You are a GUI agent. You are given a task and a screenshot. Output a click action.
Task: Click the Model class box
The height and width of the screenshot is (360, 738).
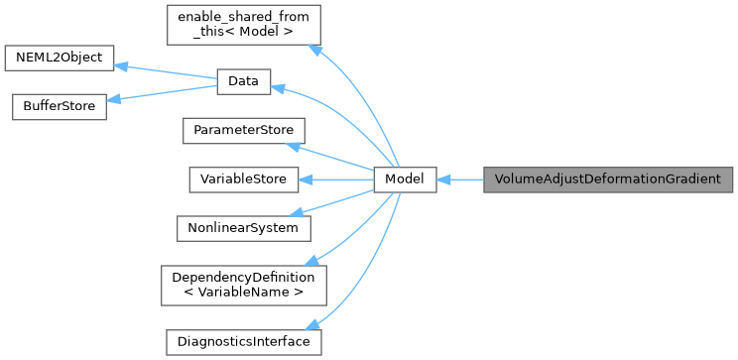pyautogui.click(x=405, y=180)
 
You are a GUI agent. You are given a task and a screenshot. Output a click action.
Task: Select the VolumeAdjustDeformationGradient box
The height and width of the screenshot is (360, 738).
pyautogui.click(x=607, y=180)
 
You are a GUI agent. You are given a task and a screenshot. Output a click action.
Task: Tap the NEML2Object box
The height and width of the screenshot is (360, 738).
pyautogui.click(x=60, y=58)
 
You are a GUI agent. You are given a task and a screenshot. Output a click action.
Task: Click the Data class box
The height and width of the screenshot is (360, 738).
pyautogui.click(x=243, y=82)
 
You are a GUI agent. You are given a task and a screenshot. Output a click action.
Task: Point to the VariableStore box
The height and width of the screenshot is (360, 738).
pyautogui.click(x=242, y=180)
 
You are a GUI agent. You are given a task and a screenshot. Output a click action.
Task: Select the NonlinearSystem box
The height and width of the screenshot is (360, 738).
pyautogui.click(x=243, y=227)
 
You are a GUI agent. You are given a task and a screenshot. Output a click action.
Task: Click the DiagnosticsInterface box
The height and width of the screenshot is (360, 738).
pyautogui.click(x=242, y=341)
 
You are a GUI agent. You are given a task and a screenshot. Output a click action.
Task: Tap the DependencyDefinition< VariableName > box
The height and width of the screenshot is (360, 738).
pyautogui.click(x=243, y=284)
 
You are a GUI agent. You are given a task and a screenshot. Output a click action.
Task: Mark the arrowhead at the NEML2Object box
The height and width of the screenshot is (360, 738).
pyautogui.click(x=121, y=65)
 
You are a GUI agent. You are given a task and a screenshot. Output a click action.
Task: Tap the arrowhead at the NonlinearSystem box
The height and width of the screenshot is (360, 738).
pyautogui.click(x=307, y=211)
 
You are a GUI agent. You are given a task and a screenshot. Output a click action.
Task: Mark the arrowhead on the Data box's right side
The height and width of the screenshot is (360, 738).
pyautogui.click(x=279, y=89)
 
